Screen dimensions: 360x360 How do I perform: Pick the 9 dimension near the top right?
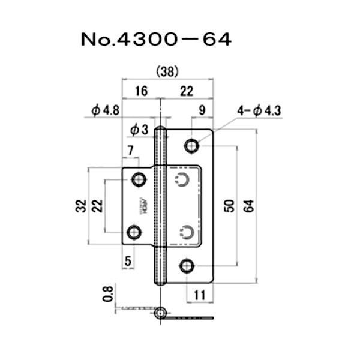tap(202, 110)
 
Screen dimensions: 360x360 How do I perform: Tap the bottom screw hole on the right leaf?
tap(188, 265)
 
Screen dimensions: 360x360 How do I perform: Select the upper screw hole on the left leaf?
tap(139, 179)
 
